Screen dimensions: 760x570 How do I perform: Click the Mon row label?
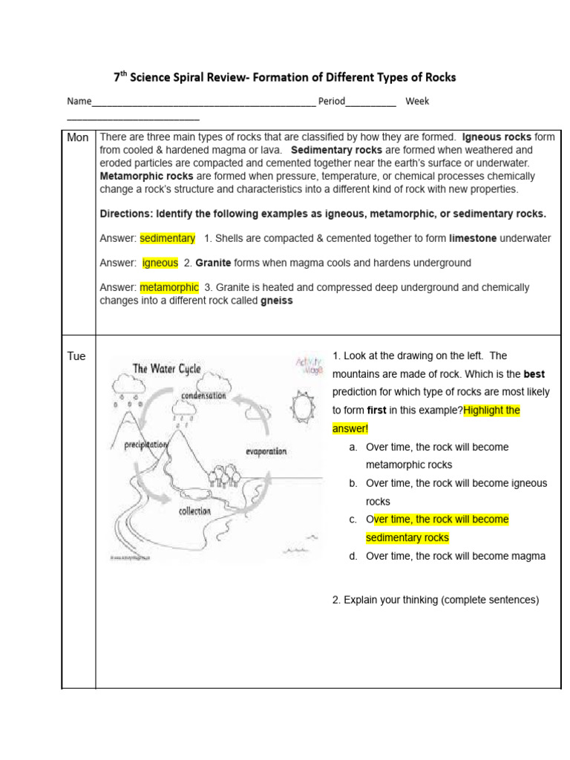point(78,137)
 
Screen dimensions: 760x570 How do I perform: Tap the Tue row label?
point(76,356)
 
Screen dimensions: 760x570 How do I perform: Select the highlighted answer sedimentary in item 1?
point(167,238)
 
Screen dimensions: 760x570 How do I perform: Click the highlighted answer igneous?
point(160,263)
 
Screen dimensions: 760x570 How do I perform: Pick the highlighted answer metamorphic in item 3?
point(168,287)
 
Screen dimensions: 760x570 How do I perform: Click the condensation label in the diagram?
point(203,396)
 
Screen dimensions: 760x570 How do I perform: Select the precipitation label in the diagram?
point(145,445)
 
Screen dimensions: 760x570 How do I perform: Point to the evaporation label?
point(265,451)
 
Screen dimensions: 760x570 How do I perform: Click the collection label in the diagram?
point(194,511)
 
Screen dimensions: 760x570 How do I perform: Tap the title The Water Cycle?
point(166,369)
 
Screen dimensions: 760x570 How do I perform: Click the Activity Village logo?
point(309,365)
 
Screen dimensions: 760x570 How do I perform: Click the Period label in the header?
point(332,101)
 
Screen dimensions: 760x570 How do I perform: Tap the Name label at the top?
point(79,101)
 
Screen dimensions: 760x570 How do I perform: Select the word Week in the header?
point(417,101)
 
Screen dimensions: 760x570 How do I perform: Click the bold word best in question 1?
point(534,374)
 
